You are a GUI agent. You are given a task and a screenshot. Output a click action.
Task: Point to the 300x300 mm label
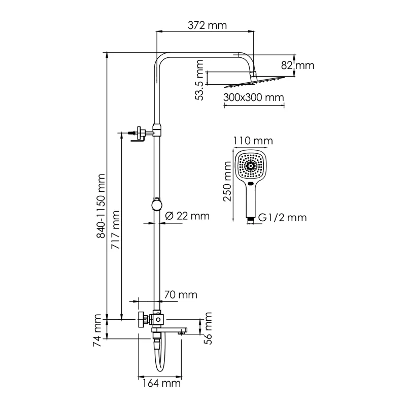click(x=253, y=97)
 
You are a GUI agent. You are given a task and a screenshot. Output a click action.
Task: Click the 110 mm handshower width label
click(x=253, y=141)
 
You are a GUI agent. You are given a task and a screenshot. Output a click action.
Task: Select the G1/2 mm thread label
click(x=283, y=218)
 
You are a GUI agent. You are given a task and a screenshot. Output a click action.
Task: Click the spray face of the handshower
click(x=251, y=165)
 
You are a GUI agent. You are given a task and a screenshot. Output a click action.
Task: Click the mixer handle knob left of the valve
click(x=140, y=320)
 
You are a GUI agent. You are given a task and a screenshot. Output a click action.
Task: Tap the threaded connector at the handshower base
click(x=251, y=220)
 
